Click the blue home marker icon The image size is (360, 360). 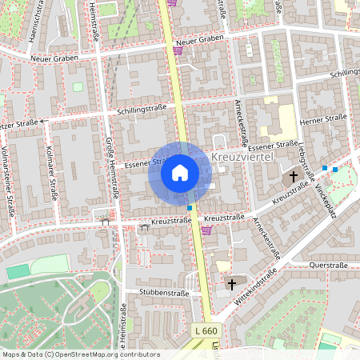click(x=180, y=172)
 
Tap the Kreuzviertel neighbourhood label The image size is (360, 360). click(x=244, y=158)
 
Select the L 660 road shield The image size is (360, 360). click(x=206, y=330)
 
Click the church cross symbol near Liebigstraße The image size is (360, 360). click(x=294, y=176)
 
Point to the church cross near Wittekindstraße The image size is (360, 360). click(x=233, y=283)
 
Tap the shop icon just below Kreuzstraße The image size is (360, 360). click(x=206, y=230)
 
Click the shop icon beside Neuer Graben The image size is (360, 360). click(x=178, y=50)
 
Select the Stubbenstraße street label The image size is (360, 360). click(x=163, y=293)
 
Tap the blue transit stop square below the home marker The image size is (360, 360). click(x=190, y=208)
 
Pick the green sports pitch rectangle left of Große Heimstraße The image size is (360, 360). click(x=18, y=271)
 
